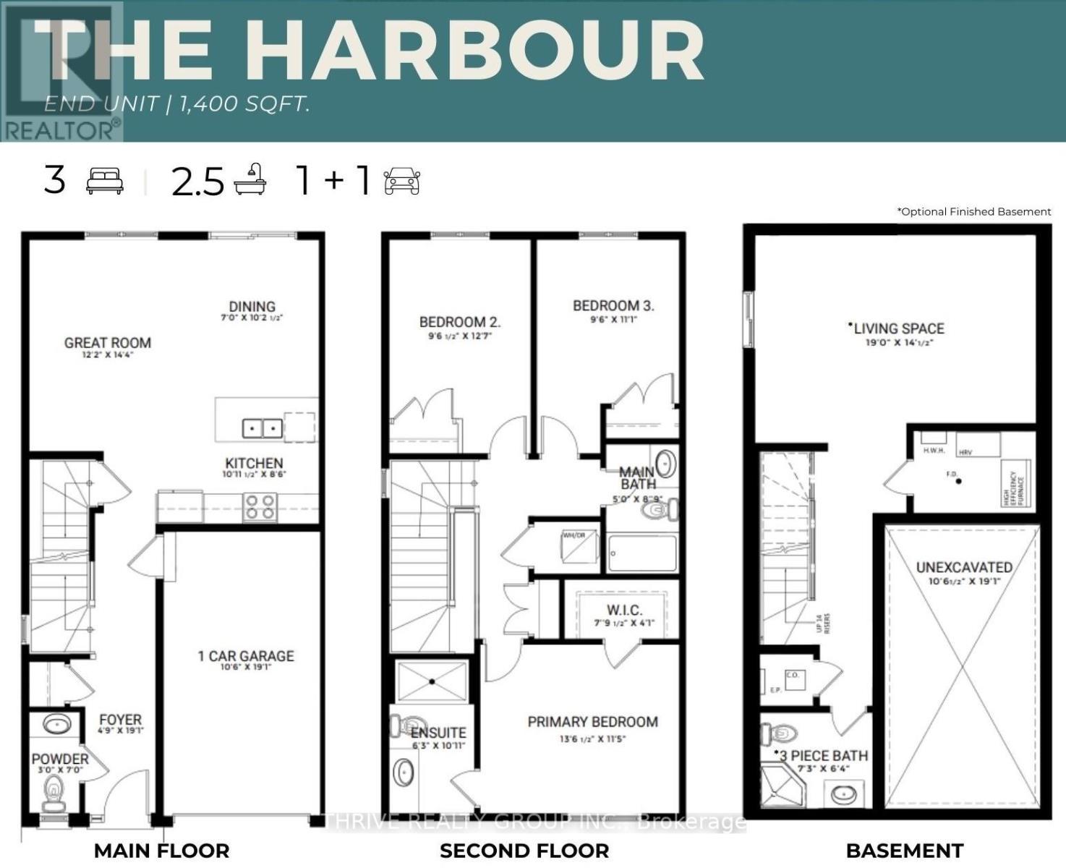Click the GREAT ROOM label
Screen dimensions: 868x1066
[x=108, y=343]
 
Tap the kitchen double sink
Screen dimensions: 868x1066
[x=261, y=428]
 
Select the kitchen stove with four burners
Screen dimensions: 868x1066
[x=260, y=506]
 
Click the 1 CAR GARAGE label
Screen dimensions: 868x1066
[x=246, y=656]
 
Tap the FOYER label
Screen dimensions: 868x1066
[x=120, y=720]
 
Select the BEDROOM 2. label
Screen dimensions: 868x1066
[x=460, y=322]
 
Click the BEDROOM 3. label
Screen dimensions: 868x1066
[x=613, y=306]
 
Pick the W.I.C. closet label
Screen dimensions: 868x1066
[x=623, y=610]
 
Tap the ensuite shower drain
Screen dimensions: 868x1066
[x=432, y=681]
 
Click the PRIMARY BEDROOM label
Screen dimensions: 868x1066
[x=592, y=722]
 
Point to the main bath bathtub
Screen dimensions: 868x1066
[x=642, y=553]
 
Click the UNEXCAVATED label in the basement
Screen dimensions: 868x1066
[x=964, y=567]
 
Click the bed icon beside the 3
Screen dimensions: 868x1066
[x=105, y=181]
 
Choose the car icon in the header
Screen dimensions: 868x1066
[x=402, y=181]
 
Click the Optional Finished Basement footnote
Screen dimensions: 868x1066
[x=973, y=212]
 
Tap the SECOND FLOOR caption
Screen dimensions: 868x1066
[x=524, y=851]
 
